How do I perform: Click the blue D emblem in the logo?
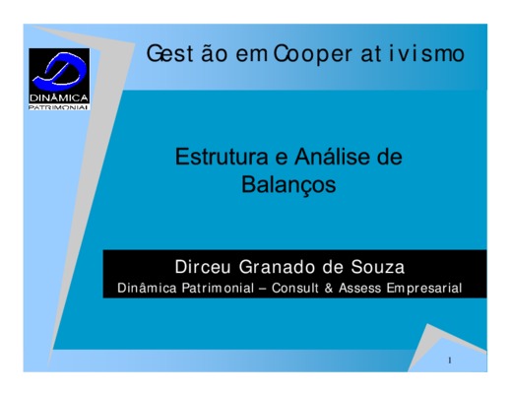click(60, 71)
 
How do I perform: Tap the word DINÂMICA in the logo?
click(59, 98)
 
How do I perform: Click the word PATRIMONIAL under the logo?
click(59, 107)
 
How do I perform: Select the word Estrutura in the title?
click(222, 157)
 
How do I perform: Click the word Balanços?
click(288, 185)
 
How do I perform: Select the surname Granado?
click(278, 267)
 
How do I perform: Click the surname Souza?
click(378, 267)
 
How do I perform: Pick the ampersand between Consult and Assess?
click(329, 288)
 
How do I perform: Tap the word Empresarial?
click(424, 289)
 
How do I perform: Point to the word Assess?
click(359, 288)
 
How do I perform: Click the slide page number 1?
click(450, 361)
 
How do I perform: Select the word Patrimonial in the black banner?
click(218, 288)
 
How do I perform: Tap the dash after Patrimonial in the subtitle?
click(263, 289)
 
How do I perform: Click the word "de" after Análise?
click(390, 157)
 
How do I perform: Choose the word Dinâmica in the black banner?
click(147, 288)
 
